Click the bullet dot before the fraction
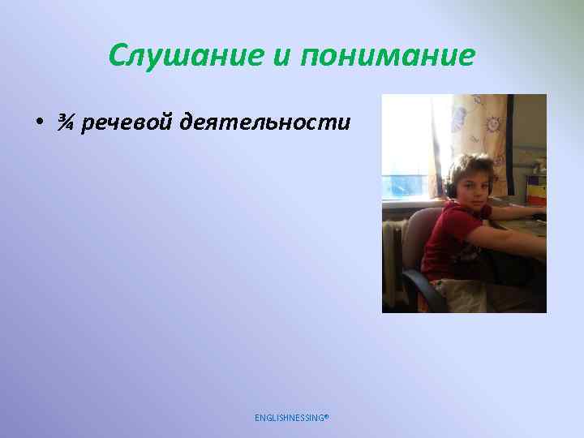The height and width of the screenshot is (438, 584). (x=38, y=122)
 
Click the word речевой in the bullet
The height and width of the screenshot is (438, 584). (x=126, y=122)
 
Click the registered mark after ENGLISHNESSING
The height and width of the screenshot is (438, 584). (x=327, y=415)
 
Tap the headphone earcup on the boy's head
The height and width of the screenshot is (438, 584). (x=451, y=189)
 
